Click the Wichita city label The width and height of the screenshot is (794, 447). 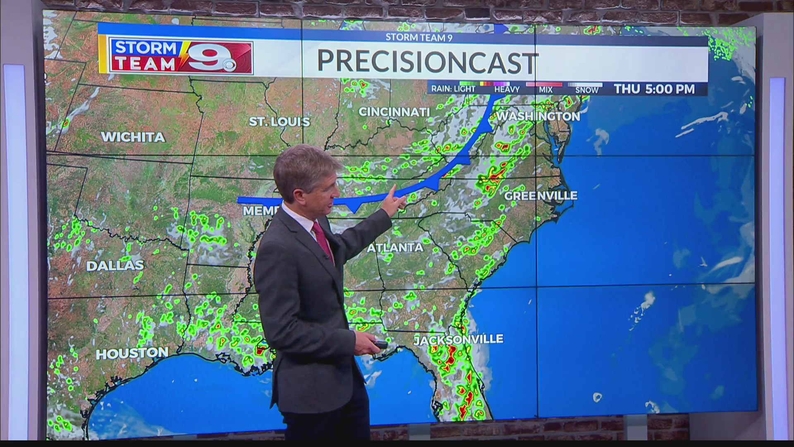(133, 137)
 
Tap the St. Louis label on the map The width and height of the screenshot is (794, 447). (279, 121)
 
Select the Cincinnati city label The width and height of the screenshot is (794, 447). (394, 112)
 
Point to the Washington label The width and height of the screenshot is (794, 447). (538, 116)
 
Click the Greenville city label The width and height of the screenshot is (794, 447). (540, 195)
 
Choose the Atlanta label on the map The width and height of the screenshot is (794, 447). (395, 248)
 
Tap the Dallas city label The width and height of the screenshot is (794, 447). (115, 265)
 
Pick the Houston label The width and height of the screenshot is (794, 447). (132, 353)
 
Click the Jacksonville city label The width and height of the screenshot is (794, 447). (458, 340)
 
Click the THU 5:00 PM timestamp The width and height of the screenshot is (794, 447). (654, 89)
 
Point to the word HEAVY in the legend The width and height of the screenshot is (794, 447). (507, 89)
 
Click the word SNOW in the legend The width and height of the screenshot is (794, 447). (586, 90)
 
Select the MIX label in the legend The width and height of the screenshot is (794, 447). (545, 89)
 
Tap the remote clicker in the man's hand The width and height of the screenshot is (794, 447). (380, 344)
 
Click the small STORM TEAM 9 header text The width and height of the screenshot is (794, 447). (419, 38)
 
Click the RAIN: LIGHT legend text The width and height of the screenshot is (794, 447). (453, 89)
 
